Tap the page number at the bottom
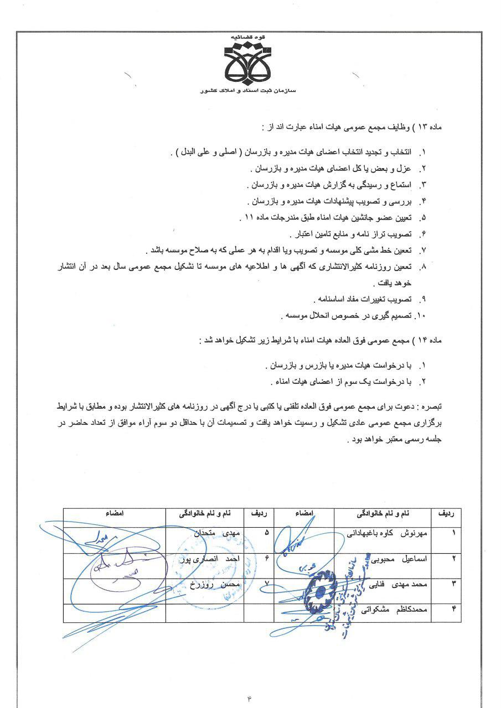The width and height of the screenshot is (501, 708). pos(250,699)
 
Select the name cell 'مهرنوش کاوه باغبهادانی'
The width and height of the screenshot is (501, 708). pos(384,535)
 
